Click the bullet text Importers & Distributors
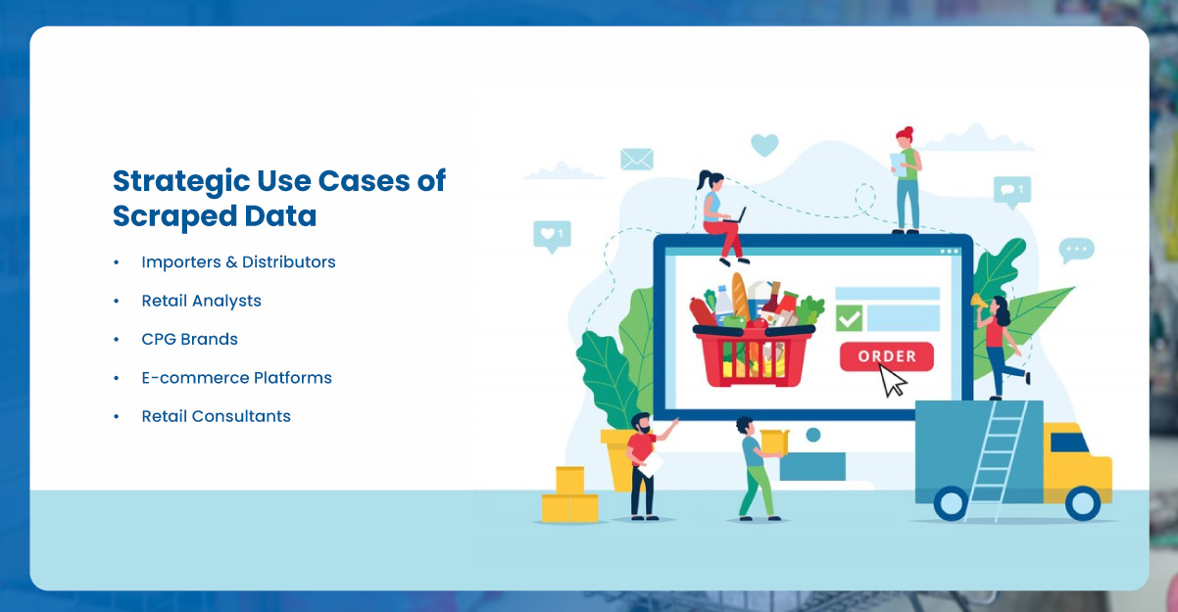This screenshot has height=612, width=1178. (238, 262)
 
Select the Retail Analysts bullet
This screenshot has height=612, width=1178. (201, 301)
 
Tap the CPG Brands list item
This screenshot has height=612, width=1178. (189, 339)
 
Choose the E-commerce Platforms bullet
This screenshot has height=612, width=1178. (236, 378)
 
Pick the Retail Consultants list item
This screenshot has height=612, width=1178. (216, 416)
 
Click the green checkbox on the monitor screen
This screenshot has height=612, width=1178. (849, 318)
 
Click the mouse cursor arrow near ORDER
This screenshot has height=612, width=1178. (892, 381)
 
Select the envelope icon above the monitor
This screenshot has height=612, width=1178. (636, 159)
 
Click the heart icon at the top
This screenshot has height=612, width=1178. (764, 145)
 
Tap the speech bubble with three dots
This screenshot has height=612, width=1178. (1076, 250)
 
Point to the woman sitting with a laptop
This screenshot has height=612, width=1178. (721, 217)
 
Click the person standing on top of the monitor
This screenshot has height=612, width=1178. (907, 179)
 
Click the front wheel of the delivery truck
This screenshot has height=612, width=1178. (1082, 503)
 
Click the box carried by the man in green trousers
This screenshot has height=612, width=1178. (774, 442)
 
